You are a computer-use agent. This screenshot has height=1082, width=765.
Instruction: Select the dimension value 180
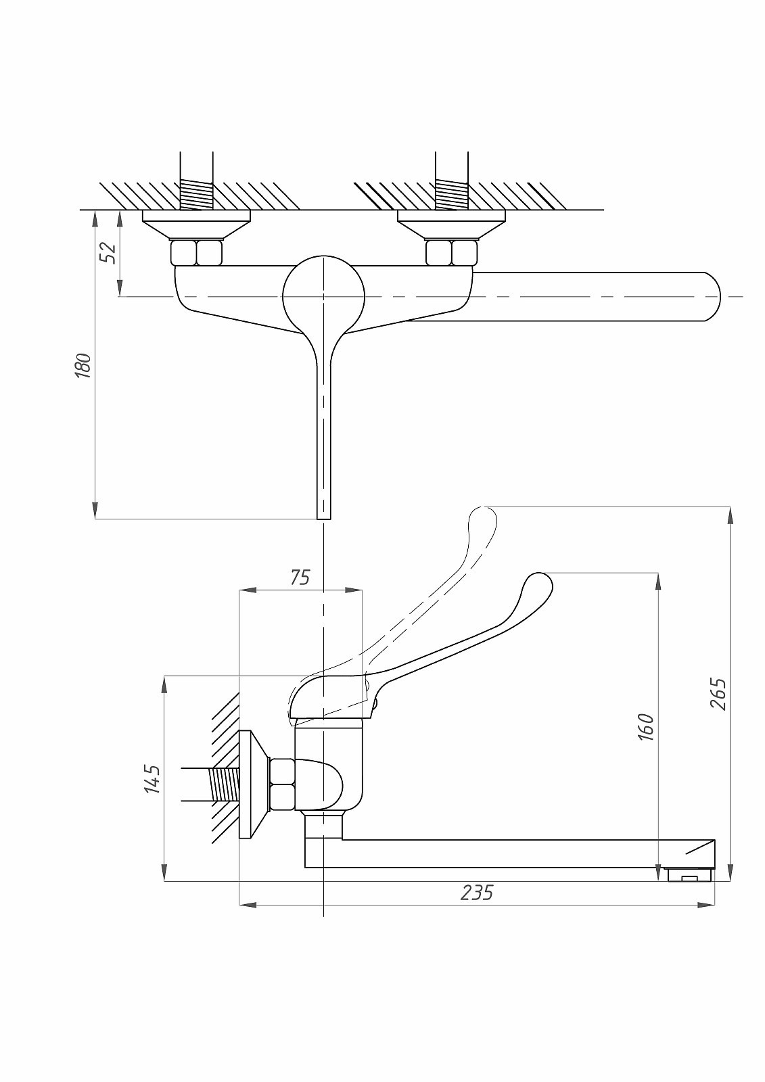(x=83, y=366)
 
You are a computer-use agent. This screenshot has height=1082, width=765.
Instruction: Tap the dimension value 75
(x=300, y=577)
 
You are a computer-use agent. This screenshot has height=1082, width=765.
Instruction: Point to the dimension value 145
(x=153, y=778)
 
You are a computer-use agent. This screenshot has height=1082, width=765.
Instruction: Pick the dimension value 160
(x=646, y=727)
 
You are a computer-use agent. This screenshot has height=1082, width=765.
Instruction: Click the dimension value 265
(x=718, y=693)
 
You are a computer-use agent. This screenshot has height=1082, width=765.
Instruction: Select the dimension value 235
(x=477, y=893)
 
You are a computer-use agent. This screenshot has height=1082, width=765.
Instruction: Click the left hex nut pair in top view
(x=196, y=253)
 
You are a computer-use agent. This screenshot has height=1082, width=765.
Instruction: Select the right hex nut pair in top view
(x=451, y=253)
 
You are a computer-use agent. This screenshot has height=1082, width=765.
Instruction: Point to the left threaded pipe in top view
(x=196, y=193)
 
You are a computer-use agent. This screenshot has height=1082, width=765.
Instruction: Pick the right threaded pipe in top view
(x=451, y=193)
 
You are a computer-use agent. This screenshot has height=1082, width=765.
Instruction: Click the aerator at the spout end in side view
(x=689, y=876)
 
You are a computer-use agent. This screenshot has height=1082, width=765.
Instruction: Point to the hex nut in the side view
(x=282, y=784)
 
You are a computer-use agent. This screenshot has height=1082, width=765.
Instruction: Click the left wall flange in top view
(x=196, y=223)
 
